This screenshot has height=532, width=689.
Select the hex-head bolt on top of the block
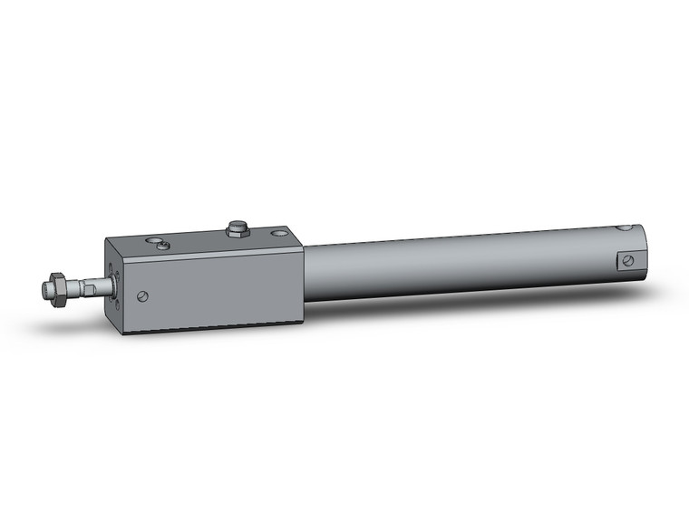coord(238,227)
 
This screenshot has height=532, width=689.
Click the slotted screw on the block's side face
coord(142,295)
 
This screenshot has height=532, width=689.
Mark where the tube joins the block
coord(305,273)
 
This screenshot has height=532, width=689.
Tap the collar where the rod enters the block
coord(110,287)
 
